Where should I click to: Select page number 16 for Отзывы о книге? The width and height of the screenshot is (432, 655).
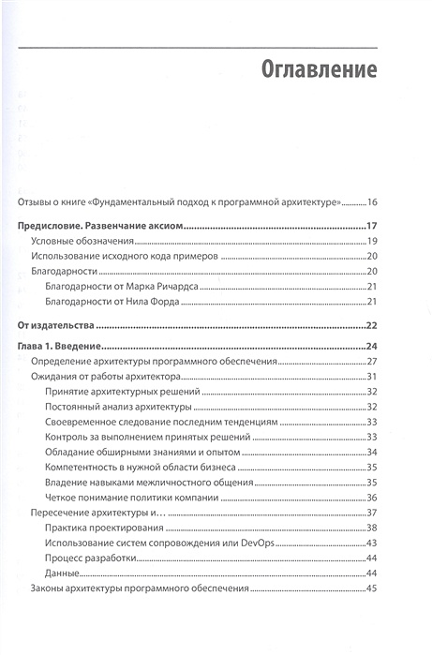click(371, 202)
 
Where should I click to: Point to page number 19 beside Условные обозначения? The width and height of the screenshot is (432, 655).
click(371, 242)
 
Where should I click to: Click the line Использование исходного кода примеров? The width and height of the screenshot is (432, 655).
click(125, 257)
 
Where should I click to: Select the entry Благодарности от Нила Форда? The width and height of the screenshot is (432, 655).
click(108, 301)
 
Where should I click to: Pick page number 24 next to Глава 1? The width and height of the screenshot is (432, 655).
click(370, 348)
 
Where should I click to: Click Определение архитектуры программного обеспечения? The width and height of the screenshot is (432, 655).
click(150, 362)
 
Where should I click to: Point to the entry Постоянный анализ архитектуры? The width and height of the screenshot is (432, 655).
click(118, 407)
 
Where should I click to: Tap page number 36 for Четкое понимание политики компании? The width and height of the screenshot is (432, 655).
click(371, 498)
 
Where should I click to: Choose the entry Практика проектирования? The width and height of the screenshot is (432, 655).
click(103, 528)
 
